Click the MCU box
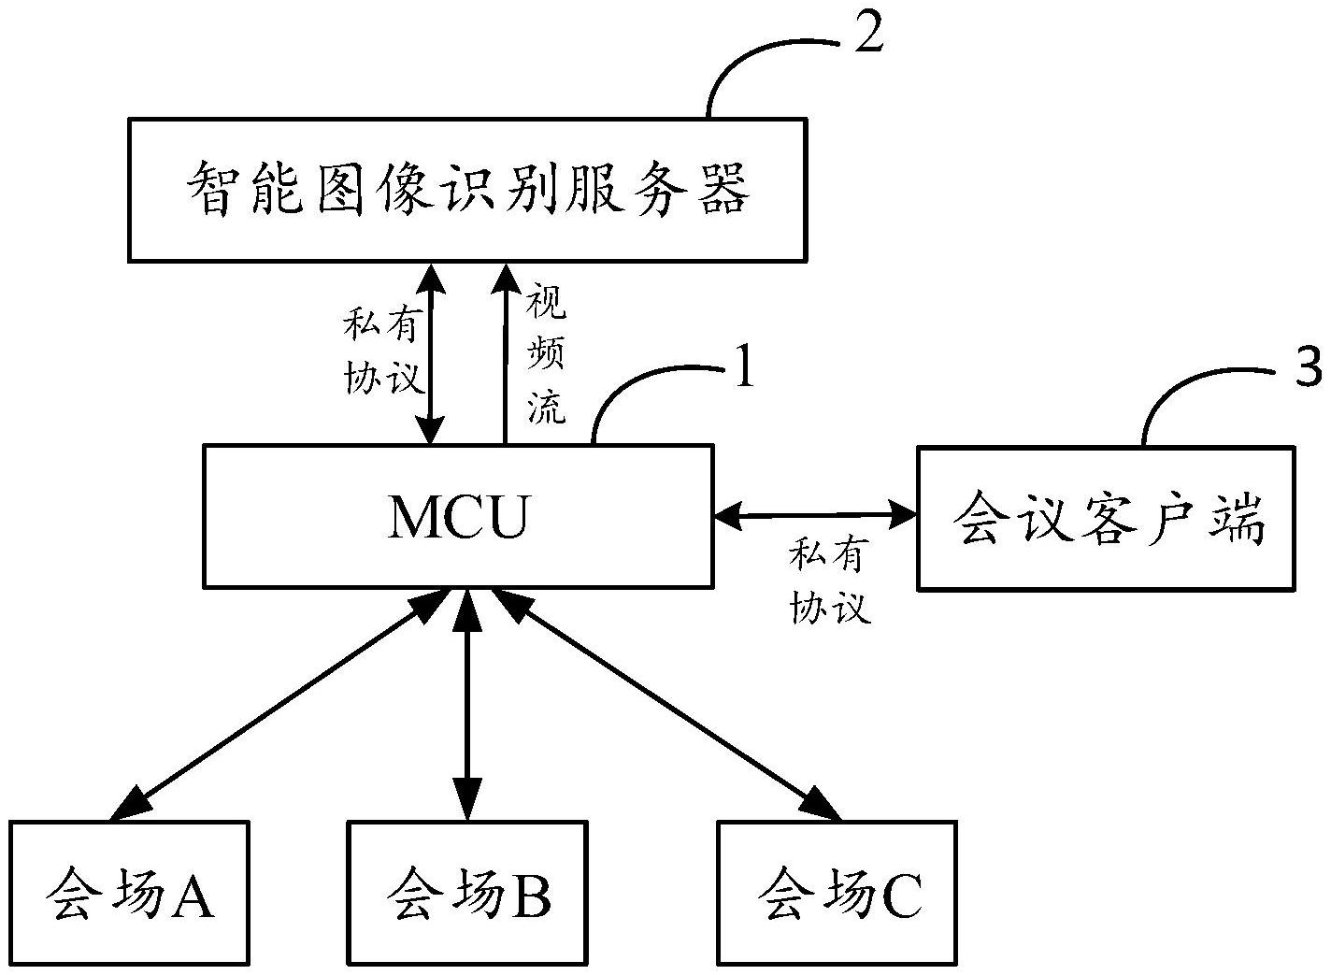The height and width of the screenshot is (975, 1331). [458, 516]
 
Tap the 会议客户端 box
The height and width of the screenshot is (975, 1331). [1106, 518]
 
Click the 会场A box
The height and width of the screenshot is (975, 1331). [129, 893]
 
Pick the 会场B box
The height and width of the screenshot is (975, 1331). [467, 893]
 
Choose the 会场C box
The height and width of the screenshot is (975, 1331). [837, 893]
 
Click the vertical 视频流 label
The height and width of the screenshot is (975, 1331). [547, 355]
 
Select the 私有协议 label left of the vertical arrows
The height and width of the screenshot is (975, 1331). [384, 353]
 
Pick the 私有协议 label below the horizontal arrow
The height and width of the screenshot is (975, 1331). [829, 581]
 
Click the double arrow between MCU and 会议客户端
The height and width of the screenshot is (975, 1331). [814, 513]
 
